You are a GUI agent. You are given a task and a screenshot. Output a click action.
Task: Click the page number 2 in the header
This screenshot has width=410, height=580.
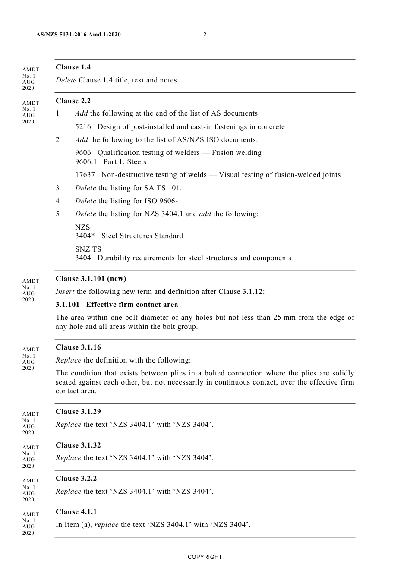coord(205,35)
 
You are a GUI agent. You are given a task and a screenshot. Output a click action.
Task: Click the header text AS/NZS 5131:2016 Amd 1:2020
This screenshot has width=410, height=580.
coord(79,35)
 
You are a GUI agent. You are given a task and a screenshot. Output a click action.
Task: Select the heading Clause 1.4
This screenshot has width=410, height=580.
coord(73,67)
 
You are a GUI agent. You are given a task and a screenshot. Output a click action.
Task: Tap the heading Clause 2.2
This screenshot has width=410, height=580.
coord(73,101)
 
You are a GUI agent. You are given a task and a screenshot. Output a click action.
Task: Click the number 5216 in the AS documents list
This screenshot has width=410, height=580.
coord(83,127)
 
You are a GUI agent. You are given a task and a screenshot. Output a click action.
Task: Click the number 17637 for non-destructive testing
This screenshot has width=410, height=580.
coord(85,175)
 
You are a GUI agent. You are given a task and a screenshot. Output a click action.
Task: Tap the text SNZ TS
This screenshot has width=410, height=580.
coord(88,249)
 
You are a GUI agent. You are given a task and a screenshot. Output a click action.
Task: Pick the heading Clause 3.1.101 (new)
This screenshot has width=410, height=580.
coord(91,279)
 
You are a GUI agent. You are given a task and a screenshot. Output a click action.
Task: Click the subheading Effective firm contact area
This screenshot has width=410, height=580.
coord(132,305)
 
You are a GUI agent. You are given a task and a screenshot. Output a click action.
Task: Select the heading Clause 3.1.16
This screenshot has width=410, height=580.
coord(78,347)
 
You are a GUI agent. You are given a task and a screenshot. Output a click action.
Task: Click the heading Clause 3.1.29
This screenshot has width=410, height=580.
coord(78,412)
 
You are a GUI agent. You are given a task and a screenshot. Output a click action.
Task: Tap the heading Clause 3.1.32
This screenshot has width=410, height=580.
coord(78,445)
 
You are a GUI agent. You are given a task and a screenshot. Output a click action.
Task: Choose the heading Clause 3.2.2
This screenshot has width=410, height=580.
coord(76,479)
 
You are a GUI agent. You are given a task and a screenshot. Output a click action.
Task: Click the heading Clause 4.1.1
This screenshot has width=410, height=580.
coord(76,512)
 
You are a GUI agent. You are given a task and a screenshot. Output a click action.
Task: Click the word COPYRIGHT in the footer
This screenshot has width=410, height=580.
coord(205,557)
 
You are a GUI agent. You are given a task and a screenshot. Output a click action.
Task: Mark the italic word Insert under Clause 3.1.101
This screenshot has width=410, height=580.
coord(65,292)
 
